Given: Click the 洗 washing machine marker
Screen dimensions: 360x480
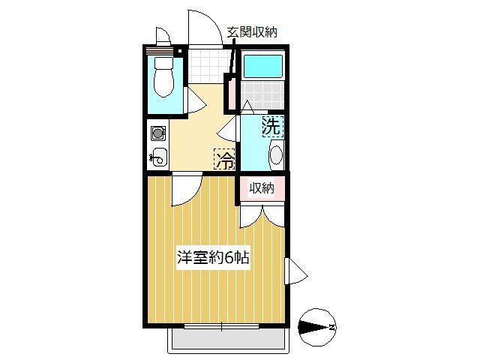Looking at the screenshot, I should tap(271, 127).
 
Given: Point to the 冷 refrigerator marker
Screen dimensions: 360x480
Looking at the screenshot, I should tap(224, 159).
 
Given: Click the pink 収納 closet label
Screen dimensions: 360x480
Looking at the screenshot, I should tap(262, 187).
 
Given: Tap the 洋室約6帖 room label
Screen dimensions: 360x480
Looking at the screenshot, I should tap(213, 256).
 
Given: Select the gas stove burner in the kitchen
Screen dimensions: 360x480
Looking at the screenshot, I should tap(158, 134).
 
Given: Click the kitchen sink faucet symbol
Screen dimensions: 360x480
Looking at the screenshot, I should tap(157, 157).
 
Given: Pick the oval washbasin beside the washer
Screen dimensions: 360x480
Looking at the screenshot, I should tap(275, 156).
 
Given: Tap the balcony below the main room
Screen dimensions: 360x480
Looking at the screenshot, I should tap(226, 340).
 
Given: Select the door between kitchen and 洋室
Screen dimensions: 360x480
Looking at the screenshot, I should tap(185, 189).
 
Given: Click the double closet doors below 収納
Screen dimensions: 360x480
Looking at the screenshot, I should tap(262, 214).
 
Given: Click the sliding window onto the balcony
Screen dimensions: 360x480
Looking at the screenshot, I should tap(222, 326).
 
